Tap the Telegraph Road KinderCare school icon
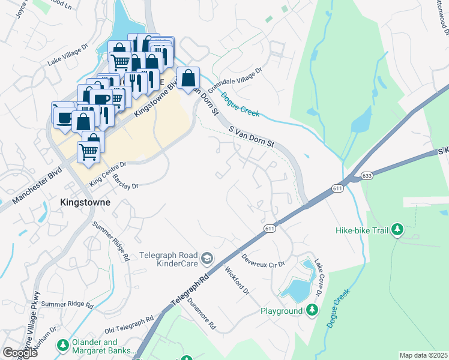206,258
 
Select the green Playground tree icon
312,310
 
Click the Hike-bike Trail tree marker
397,229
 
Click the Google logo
20,353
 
